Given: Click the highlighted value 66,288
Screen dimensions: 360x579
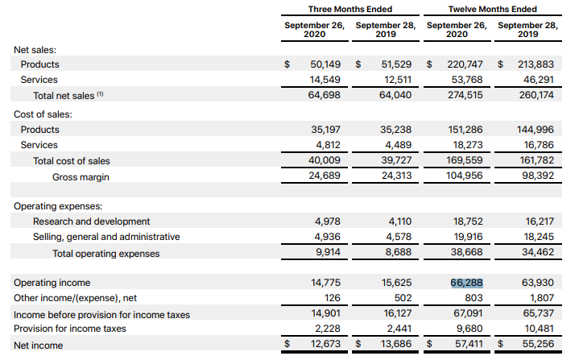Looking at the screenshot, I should tap(467, 283).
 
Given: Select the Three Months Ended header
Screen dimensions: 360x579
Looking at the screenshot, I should tap(350, 9).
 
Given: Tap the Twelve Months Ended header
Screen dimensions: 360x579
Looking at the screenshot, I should tap(492, 9).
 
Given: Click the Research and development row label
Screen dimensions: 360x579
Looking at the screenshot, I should tap(91, 221).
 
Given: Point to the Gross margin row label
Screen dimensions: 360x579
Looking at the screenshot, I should tap(81, 176).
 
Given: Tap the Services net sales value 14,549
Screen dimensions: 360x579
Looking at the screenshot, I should tap(326, 80).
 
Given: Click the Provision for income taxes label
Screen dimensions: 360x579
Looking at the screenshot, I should tap(70, 329).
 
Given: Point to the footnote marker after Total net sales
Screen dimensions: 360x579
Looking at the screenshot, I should tap(101, 94).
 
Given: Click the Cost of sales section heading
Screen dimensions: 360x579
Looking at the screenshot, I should tap(43, 114).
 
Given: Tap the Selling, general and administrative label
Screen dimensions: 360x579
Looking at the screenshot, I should tap(106, 237).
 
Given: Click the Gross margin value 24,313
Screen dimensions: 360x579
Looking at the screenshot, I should tap(396, 176).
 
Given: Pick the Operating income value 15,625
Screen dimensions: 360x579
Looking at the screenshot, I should tap(396, 283).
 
